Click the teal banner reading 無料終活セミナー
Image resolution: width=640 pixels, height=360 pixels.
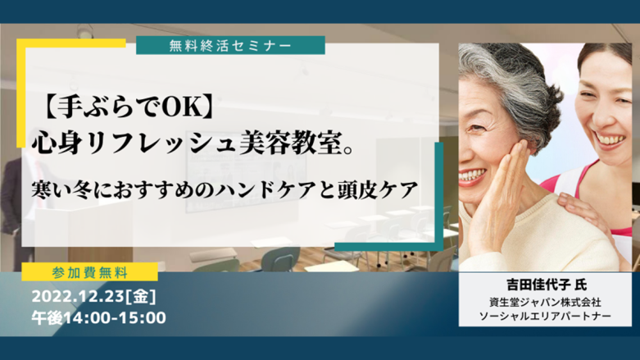click(x=230, y=45)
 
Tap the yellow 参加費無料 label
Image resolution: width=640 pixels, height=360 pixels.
click(x=90, y=272)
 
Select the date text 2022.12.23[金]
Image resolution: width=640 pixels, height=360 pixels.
click(x=94, y=297)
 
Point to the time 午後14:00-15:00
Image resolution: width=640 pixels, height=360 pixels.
click(x=99, y=318)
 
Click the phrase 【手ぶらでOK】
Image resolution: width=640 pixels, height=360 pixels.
click(x=127, y=107)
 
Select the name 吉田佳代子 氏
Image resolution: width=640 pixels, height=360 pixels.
click(x=547, y=285)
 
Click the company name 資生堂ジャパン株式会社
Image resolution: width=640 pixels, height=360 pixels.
click(x=545, y=302)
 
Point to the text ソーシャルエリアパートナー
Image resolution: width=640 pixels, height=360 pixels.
click(x=545, y=317)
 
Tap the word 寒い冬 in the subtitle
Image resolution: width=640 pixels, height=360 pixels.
click(x=61, y=190)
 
